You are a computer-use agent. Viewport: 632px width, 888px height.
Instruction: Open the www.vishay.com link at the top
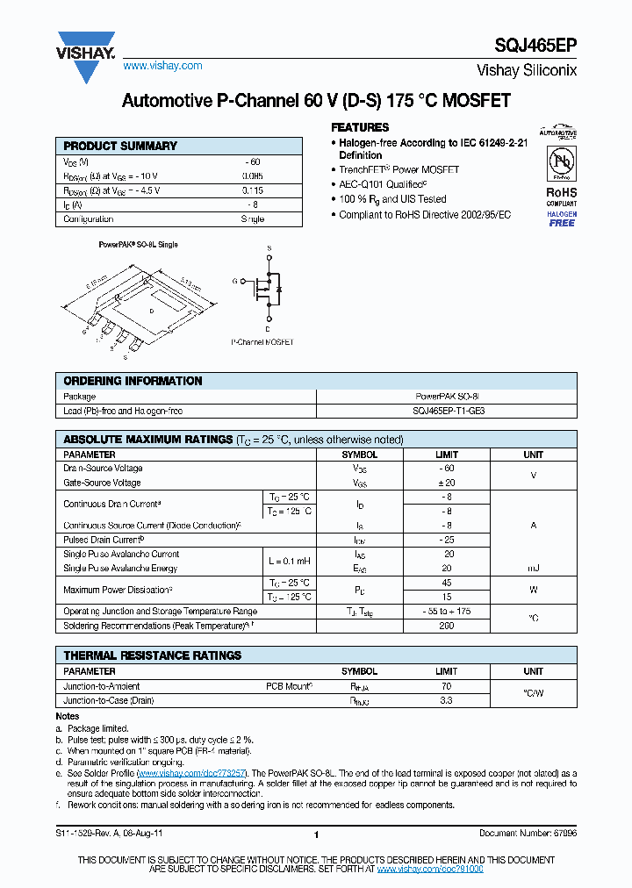click(162, 66)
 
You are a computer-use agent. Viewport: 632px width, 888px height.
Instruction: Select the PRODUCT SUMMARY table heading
click(120, 146)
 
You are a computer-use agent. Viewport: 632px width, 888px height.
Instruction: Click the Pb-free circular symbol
click(562, 162)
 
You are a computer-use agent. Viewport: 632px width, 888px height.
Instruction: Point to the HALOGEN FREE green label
click(562, 218)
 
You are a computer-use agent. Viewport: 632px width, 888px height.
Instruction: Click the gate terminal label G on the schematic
click(235, 281)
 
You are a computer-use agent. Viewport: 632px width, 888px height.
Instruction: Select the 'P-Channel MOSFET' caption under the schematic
click(262, 342)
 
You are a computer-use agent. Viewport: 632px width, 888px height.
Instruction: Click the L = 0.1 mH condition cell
click(290, 561)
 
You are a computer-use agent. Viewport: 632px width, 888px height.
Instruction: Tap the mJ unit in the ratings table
click(534, 569)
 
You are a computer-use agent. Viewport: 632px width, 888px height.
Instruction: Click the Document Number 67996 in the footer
click(528, 834)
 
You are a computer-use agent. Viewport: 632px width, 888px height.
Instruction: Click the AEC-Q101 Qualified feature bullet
click(383, 185)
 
